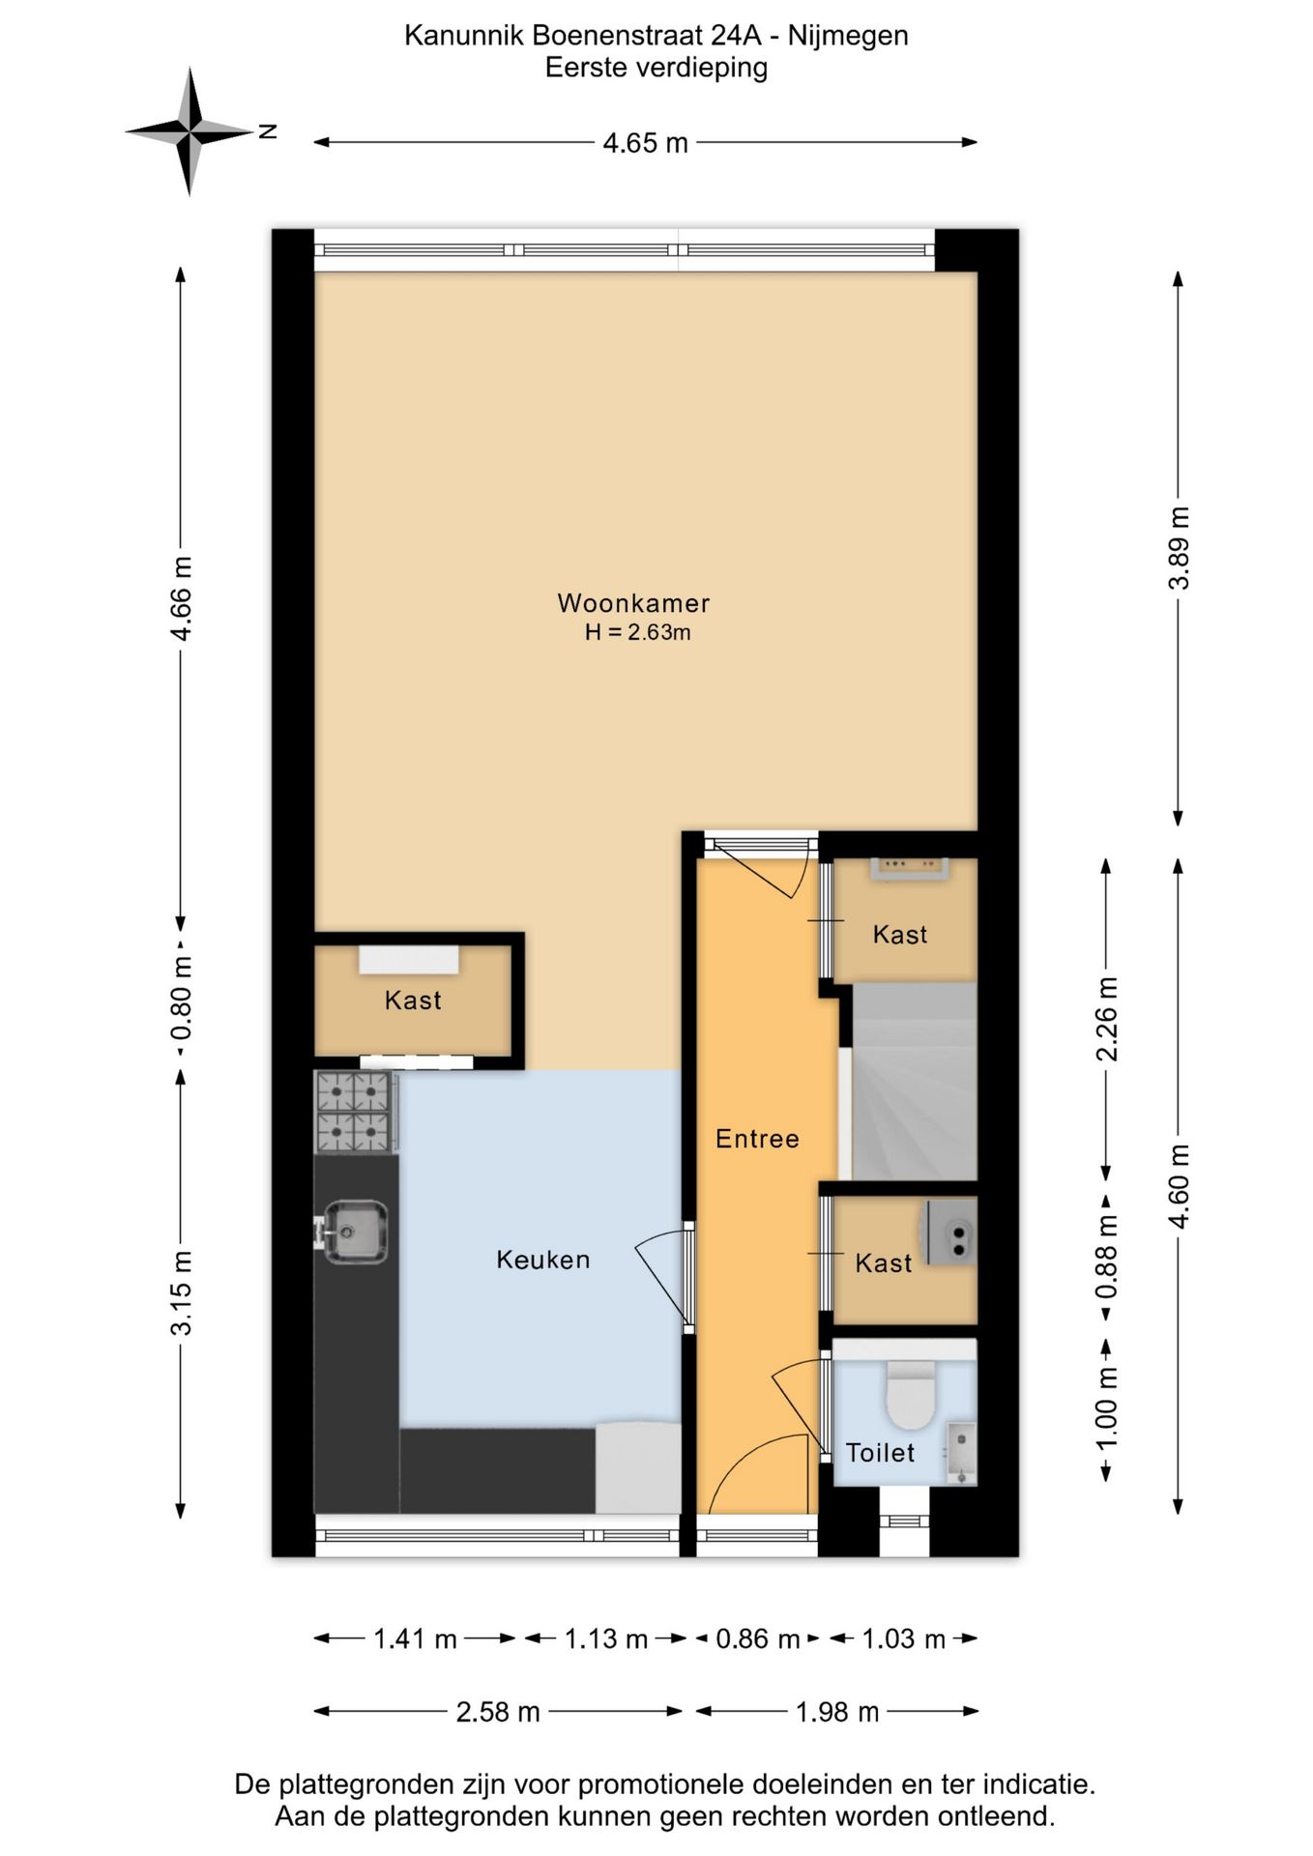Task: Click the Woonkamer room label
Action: coord(633,603)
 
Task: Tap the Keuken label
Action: coord(542,1260)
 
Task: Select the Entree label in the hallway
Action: coord(757,1139)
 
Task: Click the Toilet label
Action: coord(880,1452)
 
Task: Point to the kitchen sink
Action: coord(355,1232)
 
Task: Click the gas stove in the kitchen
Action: coord(355,1112)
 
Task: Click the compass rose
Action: coord(190,130)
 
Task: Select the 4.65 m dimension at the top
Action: coord(645,143)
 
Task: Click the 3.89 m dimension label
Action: coord(1180,547)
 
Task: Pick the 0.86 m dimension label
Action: coord(757,1638)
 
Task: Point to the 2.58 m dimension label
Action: coord(498,1712)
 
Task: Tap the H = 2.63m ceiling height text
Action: coord(637,633)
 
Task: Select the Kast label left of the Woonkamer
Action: coord(413,1000)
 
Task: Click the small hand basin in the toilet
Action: coord(961,1454)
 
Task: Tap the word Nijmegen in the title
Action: coord(848,36)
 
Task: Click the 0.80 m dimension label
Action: coord(181,998)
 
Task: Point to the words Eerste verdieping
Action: coord(656,68)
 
